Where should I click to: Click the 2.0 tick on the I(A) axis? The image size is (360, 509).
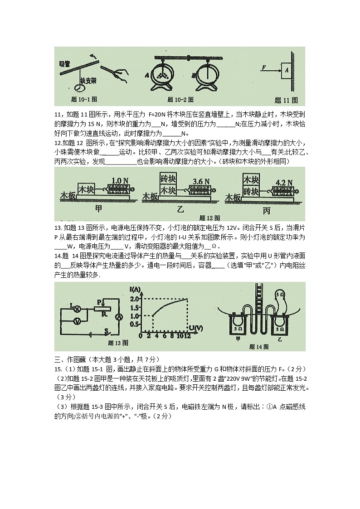coord(135,299)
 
